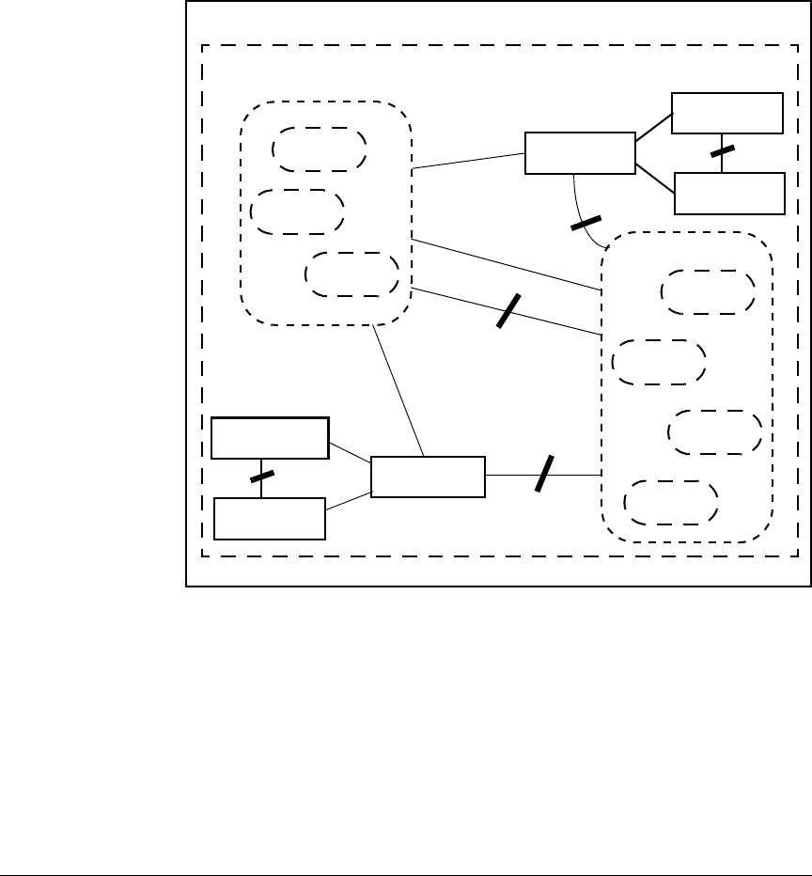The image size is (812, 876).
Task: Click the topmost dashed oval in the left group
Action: [319, 149]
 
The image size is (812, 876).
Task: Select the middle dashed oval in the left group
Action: [299, 211]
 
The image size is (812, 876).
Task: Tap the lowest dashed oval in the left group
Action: [352, 274]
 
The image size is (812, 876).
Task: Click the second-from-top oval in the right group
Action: [658, 362]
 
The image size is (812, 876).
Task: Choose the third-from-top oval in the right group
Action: [714, 432]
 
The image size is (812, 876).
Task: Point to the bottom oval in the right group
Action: [672, 502]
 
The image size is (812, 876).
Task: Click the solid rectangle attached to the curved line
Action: [579, 153]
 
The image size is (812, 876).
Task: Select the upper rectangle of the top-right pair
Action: [726, 113]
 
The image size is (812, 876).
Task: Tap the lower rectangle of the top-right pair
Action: [729, 193]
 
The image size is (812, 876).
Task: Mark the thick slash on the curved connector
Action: [586, 224]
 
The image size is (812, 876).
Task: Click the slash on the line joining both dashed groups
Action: [507, 311]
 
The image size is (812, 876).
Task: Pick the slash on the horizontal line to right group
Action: [544, 473]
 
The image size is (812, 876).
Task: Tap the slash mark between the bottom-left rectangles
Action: [261, 476]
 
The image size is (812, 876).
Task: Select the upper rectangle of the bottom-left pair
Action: [270, 437]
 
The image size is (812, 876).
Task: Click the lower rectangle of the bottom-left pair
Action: [270, 518]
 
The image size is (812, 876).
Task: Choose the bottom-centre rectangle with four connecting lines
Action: [429, 477]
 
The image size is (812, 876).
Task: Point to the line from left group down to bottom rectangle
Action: [398, 391]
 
